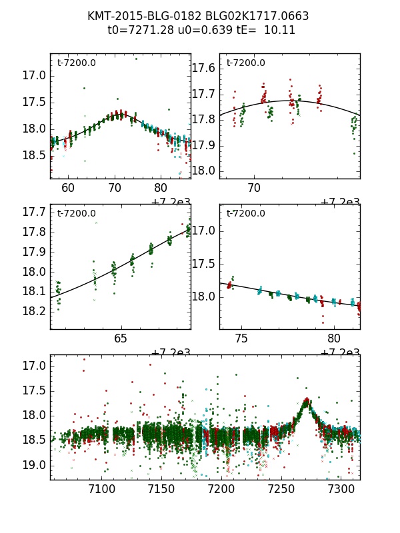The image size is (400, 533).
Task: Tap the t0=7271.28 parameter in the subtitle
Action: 137,30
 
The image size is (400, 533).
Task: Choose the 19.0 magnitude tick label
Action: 34,465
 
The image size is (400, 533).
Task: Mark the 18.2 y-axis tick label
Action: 34,311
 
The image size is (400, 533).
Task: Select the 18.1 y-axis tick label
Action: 34,291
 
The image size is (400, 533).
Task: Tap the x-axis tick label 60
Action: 68,189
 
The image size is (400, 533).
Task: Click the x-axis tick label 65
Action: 121,338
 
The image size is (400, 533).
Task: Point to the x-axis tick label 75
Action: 241,338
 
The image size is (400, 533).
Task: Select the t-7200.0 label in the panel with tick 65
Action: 77,213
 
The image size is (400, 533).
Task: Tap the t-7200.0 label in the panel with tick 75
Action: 245,213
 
